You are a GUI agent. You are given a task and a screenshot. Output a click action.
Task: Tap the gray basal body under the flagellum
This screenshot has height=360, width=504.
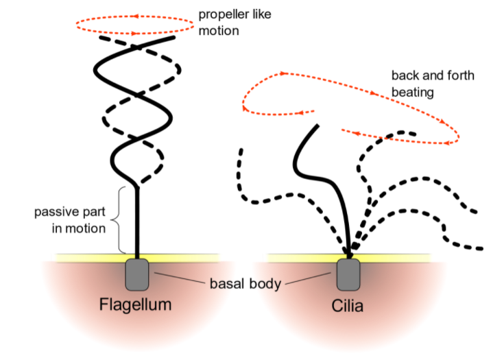[x=138, y=274]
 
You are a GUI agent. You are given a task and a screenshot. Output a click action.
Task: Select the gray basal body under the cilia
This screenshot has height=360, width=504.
[x=349, y=274]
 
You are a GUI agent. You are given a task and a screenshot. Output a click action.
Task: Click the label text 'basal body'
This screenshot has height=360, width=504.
[x=245, y=283]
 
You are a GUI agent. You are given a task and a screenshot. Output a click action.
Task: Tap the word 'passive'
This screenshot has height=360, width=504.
[x=57, y=211]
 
